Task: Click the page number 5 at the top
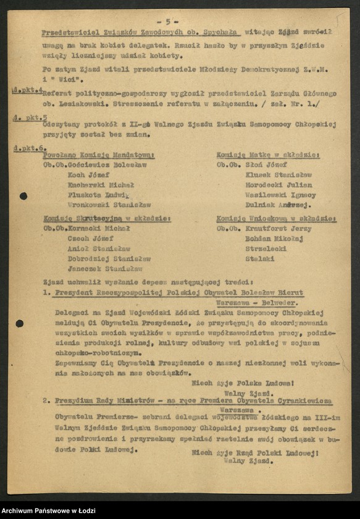coord(167,20)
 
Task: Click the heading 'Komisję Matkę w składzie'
coord(267,155)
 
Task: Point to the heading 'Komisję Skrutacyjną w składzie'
coord(107,218)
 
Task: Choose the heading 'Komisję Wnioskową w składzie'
coord(276,219)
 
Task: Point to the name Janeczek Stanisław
coord(105,268)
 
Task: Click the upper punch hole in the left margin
coord(23,196)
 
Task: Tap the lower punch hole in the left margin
coord(19,323)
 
